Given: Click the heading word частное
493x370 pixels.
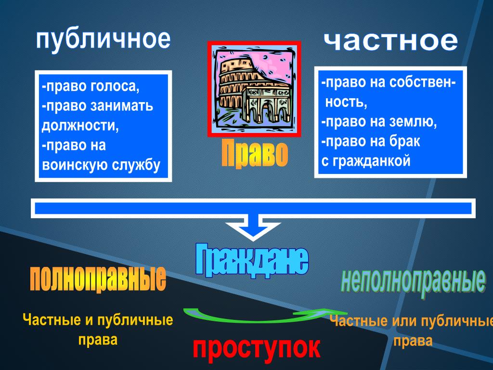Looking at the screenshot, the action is click(x=391, y=41).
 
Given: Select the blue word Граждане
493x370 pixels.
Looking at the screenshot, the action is click(x=251, y=260).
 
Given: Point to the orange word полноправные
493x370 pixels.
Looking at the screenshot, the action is click(x=98, y=279).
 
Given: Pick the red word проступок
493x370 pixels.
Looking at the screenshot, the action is click(x=256, y=348).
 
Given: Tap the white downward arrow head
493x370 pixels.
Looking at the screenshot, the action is click(x=253, y=229).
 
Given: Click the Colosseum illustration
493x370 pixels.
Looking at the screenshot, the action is click(x=254, y=89).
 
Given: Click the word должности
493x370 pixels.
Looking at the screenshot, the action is click(x=80, y=126).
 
